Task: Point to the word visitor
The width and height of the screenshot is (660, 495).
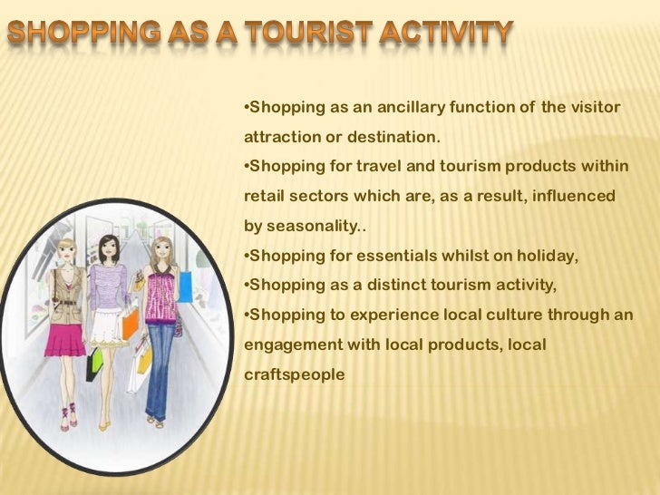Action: (593, 109)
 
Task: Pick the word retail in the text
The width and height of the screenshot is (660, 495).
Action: (267, 196)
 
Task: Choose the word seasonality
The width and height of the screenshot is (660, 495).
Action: (312, 225)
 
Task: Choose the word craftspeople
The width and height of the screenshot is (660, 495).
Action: (295, 374)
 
